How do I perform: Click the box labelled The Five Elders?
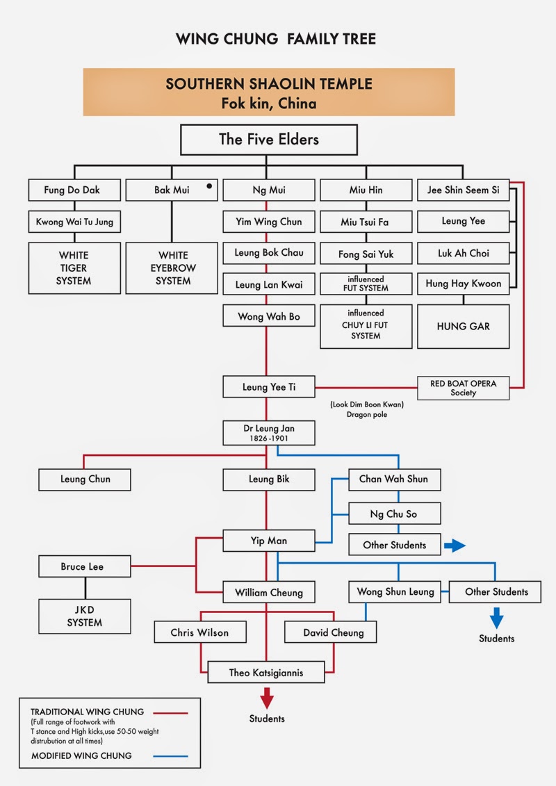coord(269,139)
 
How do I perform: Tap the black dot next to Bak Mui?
coord(208,187)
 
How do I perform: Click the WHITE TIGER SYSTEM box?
coord(74,268)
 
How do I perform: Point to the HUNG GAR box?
coord(463,325)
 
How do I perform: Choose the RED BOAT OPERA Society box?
coord(463,388)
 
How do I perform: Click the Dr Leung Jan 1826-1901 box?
coord(269,433)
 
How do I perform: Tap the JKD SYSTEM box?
coord(85,615)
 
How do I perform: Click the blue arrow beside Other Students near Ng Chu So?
coord(455,546)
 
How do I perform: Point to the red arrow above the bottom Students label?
coord(267,697)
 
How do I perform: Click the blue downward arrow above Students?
coord(496,617)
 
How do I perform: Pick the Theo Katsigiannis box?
coord(266,672)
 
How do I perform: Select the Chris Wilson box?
coord(199,632)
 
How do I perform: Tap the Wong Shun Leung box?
coord(395,591)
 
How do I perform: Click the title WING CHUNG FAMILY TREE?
coord(276,39)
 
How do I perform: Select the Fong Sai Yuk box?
coord(366,254)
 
